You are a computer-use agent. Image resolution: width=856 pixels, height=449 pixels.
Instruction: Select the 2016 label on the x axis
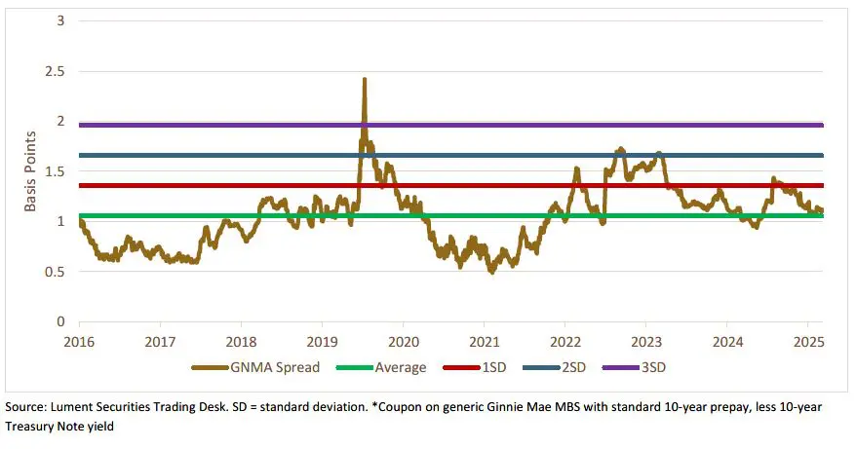point(79,342)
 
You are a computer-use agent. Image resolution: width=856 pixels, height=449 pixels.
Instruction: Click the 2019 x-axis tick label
point(322,342)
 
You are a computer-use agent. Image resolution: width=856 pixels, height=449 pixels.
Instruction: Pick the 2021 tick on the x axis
point(484,342)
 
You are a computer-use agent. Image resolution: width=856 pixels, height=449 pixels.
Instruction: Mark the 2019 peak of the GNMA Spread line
point(364,80)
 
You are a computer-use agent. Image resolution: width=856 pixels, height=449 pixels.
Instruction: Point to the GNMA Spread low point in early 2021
point(491,272)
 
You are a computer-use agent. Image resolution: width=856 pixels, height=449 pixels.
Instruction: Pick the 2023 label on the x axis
point(645,342)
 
